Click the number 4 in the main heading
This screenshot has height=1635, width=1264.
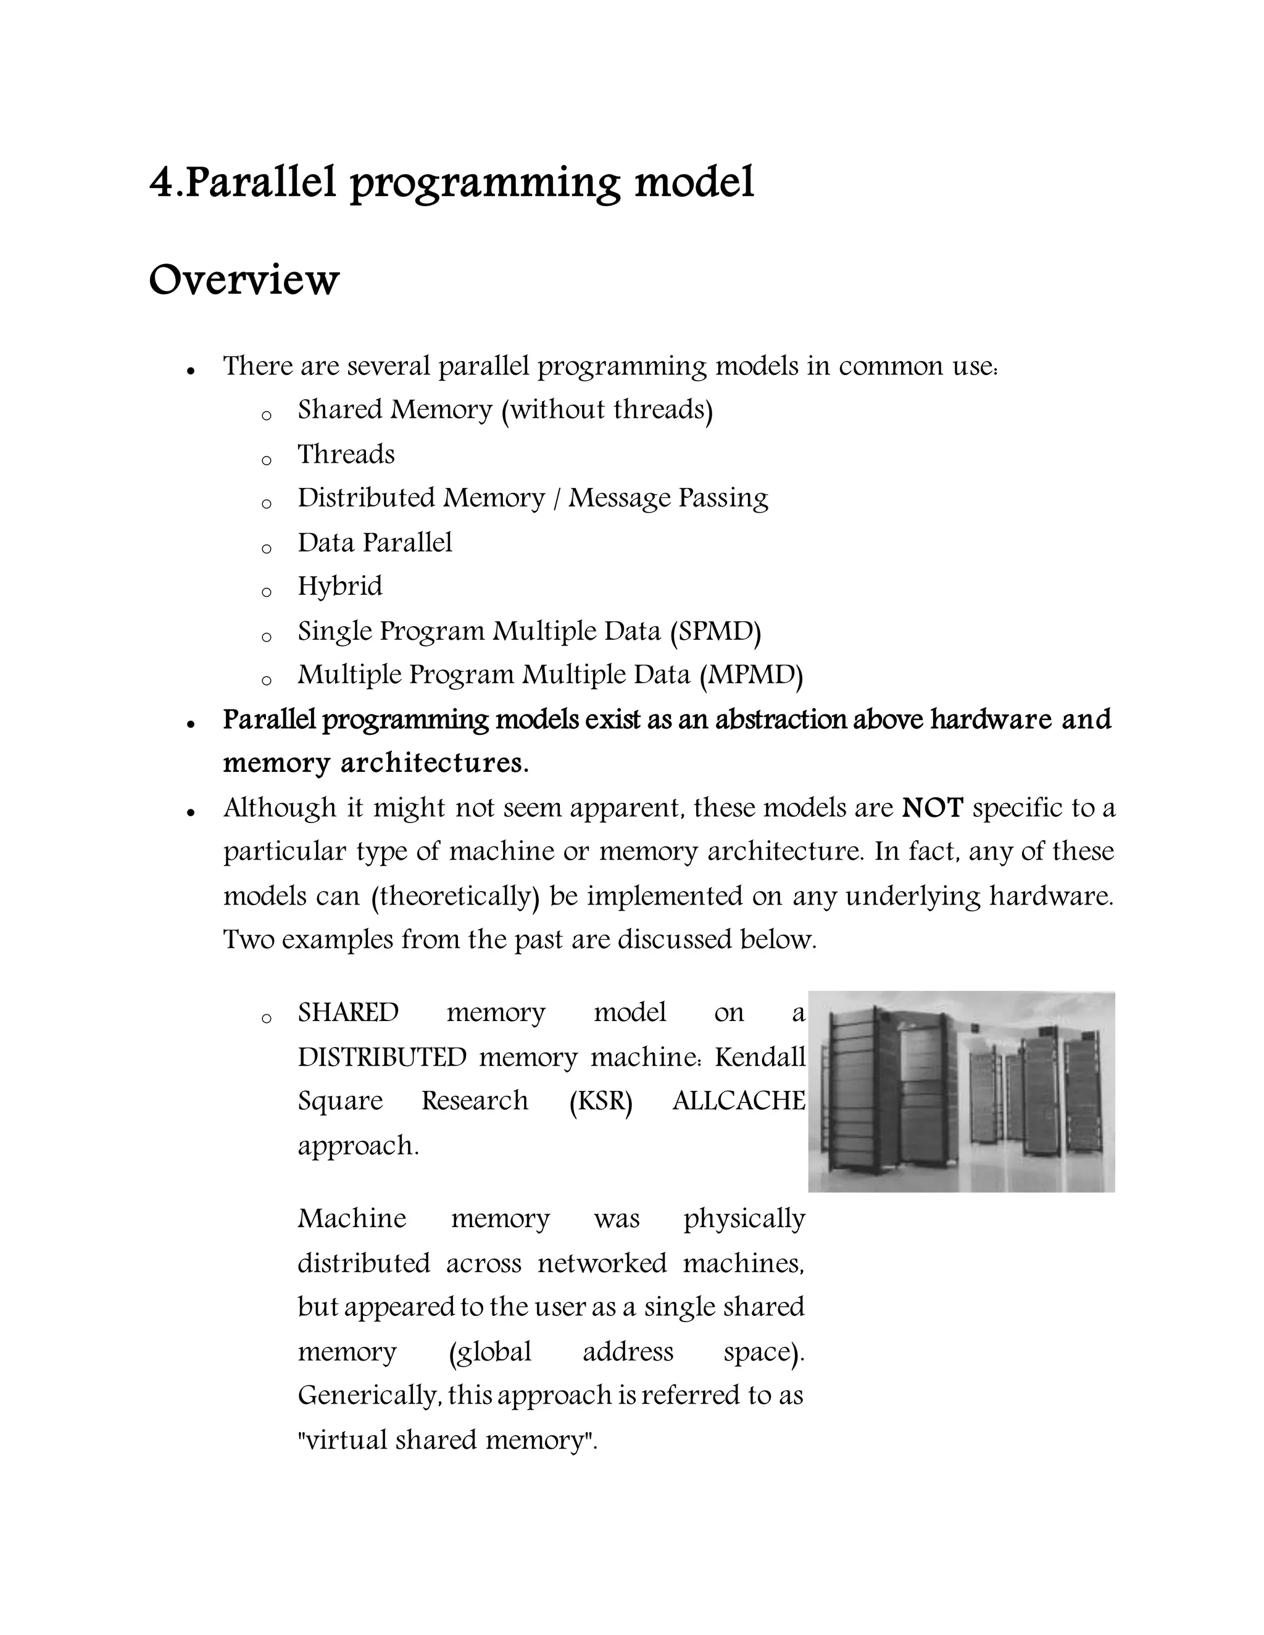click(x=162, y=182)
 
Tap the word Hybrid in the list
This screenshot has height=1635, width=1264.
click(x=339, y=586)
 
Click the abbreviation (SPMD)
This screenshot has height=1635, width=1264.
click(x=715, y=631)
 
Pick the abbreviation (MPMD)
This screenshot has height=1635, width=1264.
click(x=751, y=675)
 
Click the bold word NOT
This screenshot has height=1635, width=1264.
click(x=933, y=808)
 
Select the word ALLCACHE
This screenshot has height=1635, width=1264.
click(x=738, y=1101)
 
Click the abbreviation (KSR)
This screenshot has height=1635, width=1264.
click(x=601, y=1101)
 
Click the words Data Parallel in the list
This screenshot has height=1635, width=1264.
click(x=375, y=543)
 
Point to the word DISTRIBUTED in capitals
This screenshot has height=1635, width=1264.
click(x=382, y=1057)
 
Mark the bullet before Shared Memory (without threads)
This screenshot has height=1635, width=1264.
click(x=266, y=415)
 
